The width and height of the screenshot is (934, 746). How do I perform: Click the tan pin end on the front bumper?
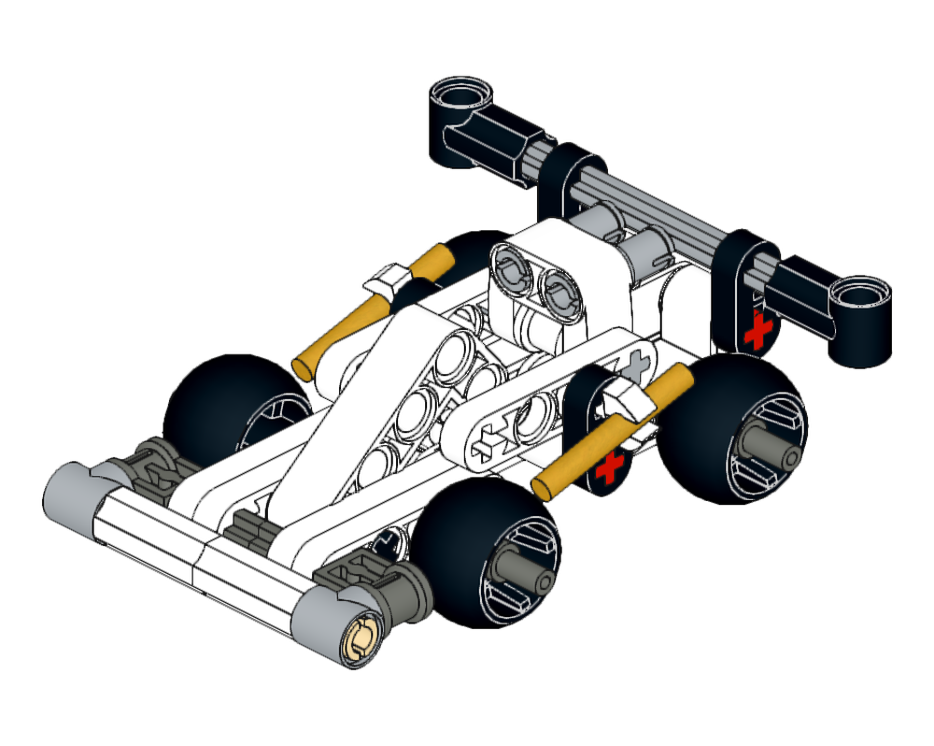point(361,638)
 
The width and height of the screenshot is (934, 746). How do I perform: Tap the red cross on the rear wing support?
point(757,330)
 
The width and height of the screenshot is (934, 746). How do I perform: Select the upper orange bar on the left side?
point(374,308)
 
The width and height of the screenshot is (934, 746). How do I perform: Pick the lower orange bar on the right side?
point(612,430)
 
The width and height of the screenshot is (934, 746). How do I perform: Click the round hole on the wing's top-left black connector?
point(460,94)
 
